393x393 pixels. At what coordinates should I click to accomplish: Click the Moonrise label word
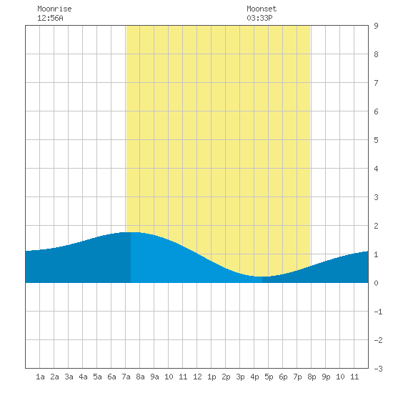pos(54,9)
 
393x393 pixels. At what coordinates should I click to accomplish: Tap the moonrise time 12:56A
pos(50,18)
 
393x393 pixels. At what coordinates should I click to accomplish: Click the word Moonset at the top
pos(262,9)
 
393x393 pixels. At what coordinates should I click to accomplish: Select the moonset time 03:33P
pos(259,18)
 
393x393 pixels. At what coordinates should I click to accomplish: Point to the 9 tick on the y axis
pos(376,26)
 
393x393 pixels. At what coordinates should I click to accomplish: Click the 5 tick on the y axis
pos(376,140)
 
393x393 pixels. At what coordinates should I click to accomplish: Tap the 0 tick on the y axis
pos(376,283)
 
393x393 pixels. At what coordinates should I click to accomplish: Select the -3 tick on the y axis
pos(378,369)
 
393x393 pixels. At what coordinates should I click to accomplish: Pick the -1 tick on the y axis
pos(378,312)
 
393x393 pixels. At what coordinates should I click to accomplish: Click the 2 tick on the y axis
pos(376,226)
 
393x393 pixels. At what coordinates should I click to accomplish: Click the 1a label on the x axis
pos(40,377)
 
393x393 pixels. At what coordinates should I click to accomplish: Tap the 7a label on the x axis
pos(126,377)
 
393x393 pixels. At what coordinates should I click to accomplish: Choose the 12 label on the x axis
pos(197,377)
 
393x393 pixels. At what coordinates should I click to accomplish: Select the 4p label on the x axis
pos(254,377)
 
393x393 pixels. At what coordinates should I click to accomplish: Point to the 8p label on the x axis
pos(312,377)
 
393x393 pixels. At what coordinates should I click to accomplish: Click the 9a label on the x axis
pos(154,377)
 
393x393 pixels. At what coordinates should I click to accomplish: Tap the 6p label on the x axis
pos(283,377)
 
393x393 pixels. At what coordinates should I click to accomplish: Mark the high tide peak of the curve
pos(131,232)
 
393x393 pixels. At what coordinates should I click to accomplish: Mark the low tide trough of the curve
pos(262,277)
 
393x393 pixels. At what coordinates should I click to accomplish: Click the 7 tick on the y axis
pos(376,83)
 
